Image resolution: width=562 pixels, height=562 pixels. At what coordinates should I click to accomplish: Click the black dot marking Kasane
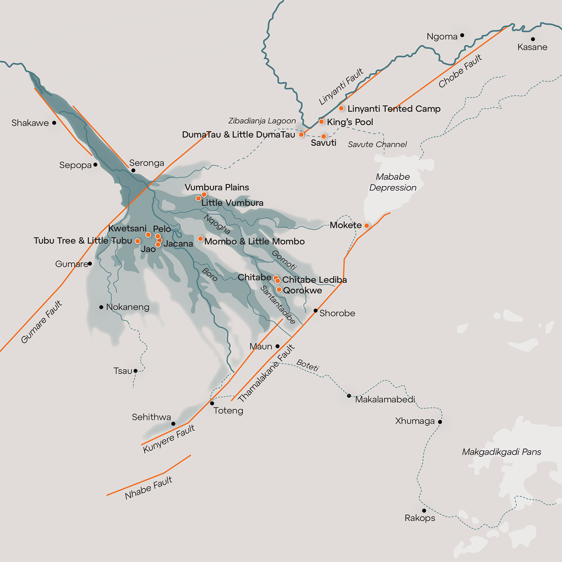point(533,39)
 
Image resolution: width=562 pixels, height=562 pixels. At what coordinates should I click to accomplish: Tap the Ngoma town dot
point(462,35)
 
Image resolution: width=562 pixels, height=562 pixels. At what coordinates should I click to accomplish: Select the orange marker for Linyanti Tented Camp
point(341,108)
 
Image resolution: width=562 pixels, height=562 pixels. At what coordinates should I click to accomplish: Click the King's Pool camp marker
point(321,121)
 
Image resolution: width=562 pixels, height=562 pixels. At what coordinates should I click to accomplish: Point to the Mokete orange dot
point(366,226)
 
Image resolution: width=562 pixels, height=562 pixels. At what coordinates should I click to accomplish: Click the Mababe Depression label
point(393,182)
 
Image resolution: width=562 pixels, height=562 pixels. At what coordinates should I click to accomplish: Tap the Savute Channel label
point(377,144)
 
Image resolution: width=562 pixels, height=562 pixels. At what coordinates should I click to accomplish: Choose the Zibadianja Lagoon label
point(262,121)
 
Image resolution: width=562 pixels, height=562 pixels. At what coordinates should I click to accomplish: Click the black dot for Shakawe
point(54,123)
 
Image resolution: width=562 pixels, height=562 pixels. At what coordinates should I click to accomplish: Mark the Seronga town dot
point(133,170)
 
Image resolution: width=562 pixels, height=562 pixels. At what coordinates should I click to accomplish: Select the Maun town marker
point(278,346)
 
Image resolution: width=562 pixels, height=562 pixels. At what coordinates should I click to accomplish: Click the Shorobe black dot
point(315,311)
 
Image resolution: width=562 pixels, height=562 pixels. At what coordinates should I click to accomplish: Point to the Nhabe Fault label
point(148,487)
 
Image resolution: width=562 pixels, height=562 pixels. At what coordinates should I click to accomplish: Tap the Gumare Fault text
point(42,321)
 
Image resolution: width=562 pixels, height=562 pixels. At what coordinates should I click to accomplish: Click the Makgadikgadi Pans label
point(501,452)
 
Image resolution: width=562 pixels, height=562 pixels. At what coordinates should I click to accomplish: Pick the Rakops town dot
point(424,510)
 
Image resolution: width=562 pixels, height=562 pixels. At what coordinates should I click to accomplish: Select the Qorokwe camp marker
point(279,289)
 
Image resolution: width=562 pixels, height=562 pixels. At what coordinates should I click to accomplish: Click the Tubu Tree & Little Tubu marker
point(138,241)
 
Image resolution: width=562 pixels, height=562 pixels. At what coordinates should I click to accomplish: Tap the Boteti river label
point(308,365)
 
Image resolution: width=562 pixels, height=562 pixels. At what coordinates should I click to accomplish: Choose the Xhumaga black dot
point(440,422)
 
